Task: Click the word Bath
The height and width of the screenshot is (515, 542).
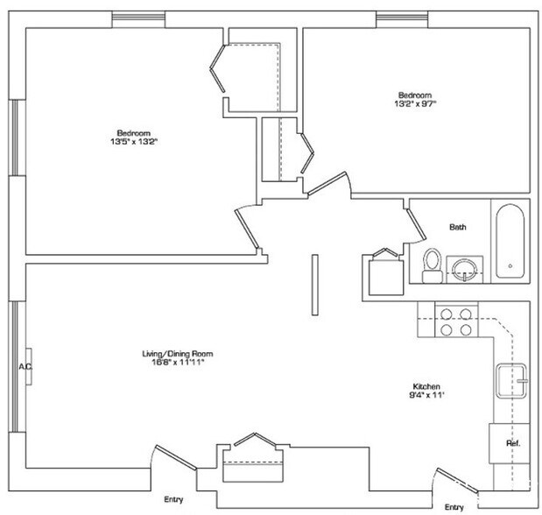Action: [458, 227]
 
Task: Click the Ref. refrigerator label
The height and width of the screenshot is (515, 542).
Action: [513, 443]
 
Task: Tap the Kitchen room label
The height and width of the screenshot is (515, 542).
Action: [426, 386]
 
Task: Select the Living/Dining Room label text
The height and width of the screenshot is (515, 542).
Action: [178, 354]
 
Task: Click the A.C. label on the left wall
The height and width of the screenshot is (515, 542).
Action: [25, 366]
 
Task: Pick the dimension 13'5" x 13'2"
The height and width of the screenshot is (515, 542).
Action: [134, 141]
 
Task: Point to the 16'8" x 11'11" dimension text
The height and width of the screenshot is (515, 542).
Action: [178, 363]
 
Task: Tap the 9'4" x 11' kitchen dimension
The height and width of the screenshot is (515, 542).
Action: [426, 396]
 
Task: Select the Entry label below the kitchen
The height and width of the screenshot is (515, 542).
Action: [454, 507]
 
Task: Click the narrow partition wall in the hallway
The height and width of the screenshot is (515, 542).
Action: [313, 286]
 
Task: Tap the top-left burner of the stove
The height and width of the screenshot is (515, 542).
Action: [443, 313]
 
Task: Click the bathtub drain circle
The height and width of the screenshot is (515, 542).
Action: [509, 265]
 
